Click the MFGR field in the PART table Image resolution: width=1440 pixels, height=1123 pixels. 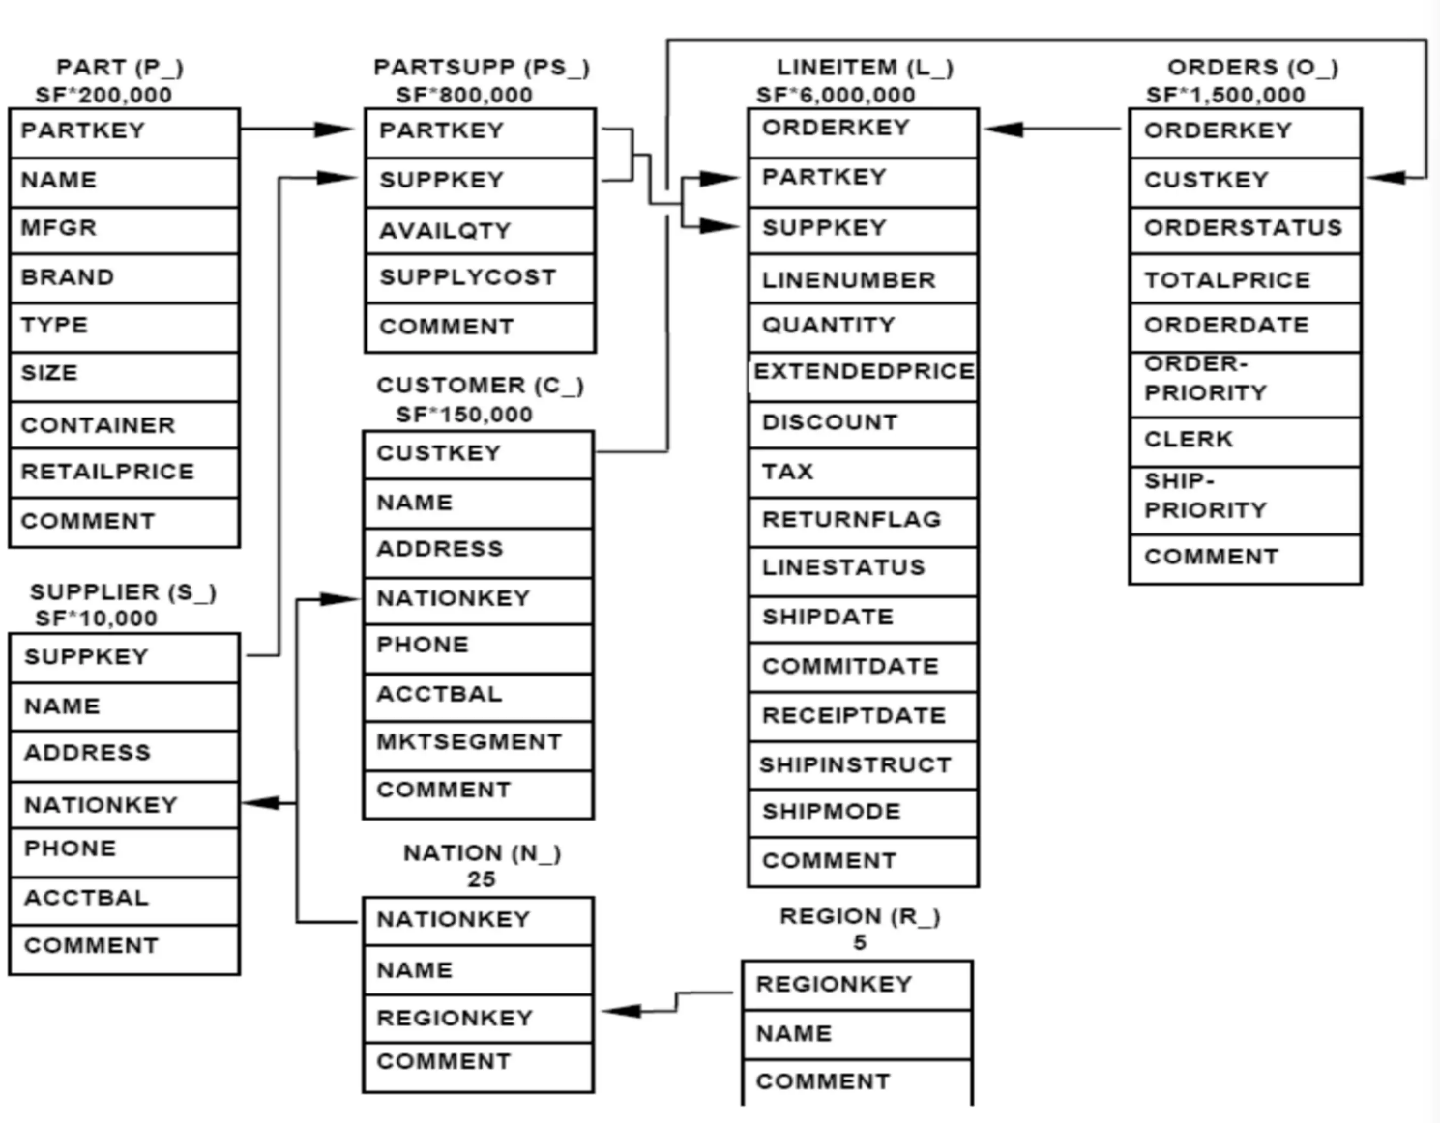[x=58, y=228]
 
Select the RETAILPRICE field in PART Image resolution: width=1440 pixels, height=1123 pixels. [x=108, y=472]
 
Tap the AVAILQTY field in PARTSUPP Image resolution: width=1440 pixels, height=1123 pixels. [x=445, y=230]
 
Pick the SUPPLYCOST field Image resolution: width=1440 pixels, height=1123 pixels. [x=468, y=276]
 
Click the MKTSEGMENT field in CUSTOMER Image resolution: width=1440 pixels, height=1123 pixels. [x=469, y=741]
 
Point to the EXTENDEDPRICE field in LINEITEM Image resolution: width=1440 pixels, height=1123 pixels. [x=865, y=371]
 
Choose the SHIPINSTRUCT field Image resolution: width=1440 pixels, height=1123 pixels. [x=856, y=764]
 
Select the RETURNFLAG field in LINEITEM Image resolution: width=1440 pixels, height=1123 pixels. [x=852, y=519]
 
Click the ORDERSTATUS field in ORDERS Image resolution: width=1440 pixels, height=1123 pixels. [x=1243, y=228]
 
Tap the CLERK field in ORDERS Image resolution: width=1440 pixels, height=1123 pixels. [x=1189, y=439]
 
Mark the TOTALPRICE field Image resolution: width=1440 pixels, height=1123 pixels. [x=1227, y=280]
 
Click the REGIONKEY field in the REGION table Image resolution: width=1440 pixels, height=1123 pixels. [x=835, y=984]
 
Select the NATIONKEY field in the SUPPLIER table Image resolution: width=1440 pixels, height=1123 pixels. [x=102, y=804]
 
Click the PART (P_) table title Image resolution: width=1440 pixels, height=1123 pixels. [x=120, y=68]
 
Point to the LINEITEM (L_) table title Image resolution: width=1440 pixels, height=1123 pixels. [x=865, y=68]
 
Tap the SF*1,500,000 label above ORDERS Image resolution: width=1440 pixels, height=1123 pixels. [x=1226, y=96]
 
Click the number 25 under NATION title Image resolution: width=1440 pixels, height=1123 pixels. [x=481, y=879]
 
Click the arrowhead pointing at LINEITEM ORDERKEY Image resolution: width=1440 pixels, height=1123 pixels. [x=1004, y=130]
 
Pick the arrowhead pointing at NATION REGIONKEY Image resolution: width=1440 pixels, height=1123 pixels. [x=622, y=1011]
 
